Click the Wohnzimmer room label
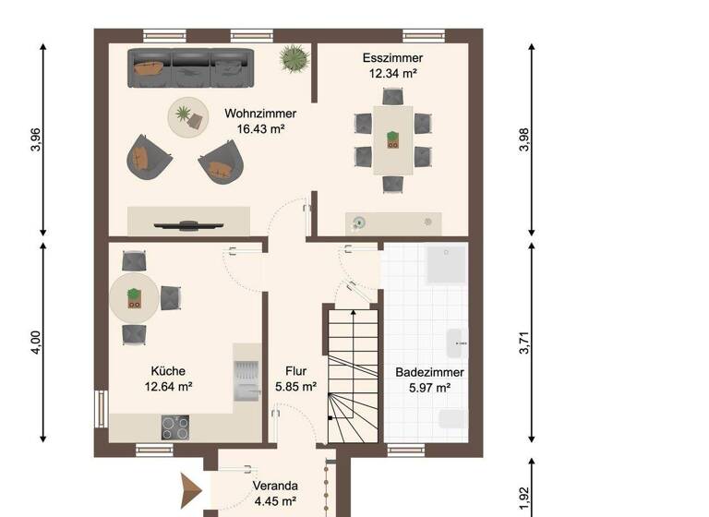click(x=260, y=114)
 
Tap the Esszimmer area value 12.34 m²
click(x=392, y=73)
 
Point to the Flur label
click(x=296, y=371)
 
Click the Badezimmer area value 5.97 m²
click(x=429, y=388)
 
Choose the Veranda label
click(x=275, y=486)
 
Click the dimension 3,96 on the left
click(x=35, y=138)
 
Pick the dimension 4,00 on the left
click(x=35, y=343)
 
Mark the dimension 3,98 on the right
click(x=524, y=138)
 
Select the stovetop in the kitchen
click(x=175, y=427)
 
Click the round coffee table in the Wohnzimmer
click(x=187, y=117)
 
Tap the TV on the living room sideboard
click(x=188, y=223)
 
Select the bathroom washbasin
click(x=457, y=343)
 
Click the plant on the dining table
click(x=393, y=139)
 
